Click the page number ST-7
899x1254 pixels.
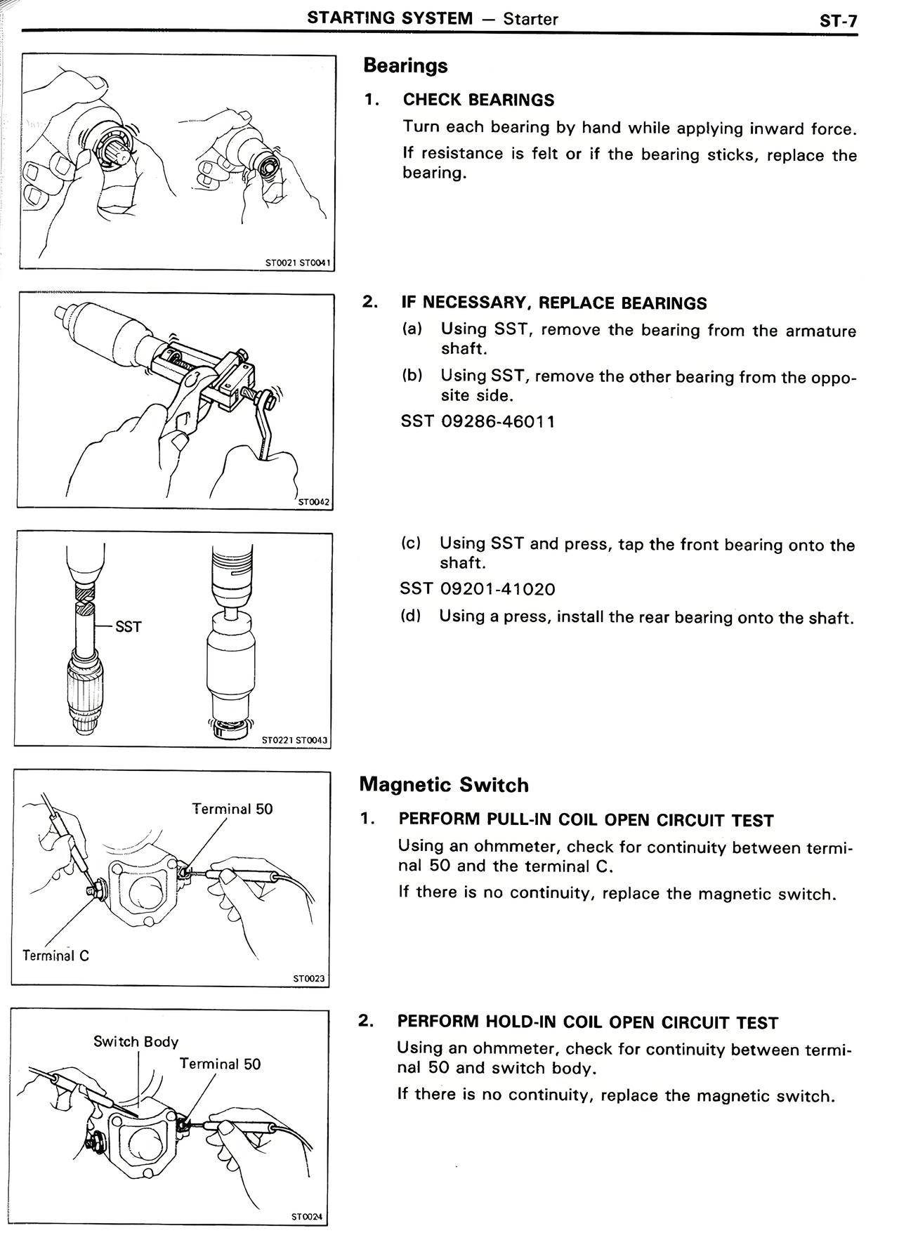click(x=838, y=20)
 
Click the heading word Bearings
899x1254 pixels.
click(x=405, y=66)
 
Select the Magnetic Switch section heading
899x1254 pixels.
click(x=444, y=785)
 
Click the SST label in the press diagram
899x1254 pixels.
click(x=128, y=626)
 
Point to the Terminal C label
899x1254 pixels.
click(x=55, y=956)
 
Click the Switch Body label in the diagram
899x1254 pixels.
click(x=136, y=1041)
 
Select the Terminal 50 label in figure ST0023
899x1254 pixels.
click(x=232, y=809)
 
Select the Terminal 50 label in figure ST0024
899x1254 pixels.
click(x=220, y=1064)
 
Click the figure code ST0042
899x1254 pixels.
click(x=313, y=502)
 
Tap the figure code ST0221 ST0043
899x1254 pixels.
click(x=294, y=740)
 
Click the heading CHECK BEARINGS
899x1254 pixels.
click(x=478, y=100)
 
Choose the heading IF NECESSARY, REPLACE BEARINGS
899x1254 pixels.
click(x=554, y=303)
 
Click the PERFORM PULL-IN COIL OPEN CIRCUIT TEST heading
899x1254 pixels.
click(x=586, y=820)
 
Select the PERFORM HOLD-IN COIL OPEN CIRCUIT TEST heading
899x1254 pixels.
click(x=587, y=1022)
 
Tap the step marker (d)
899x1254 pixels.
click(x=410, y=616)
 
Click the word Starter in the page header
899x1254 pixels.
click(x=530, y=19)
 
